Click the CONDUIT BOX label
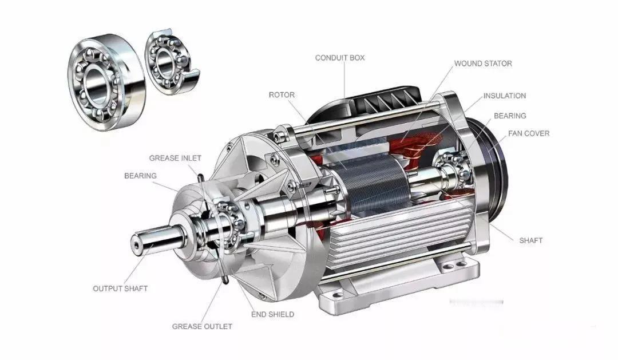[x=340, y=58]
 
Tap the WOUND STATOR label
[x=483, y=64]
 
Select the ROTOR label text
[x=282, y=95]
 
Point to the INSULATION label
[x=505, y=96]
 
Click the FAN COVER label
[x=529, y=134]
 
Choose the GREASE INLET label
[x=175, y=158]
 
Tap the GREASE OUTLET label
[x=202, y=326]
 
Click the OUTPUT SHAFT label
[x=120, y=288]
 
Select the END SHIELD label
[x=273, y=314]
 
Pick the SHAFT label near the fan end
[x=531, y=240]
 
